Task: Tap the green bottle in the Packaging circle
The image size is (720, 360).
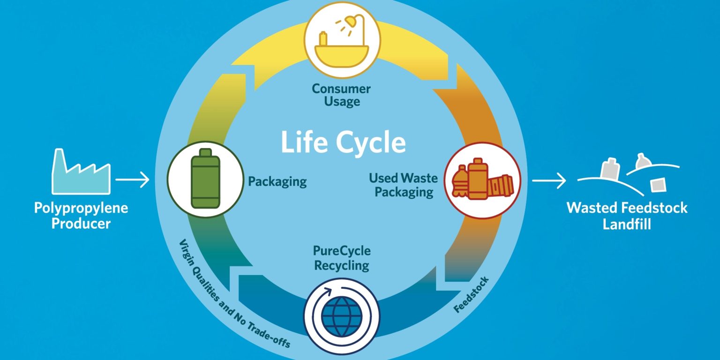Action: [x=205, y=179]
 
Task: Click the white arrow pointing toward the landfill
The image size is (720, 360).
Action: [x=548, y=180]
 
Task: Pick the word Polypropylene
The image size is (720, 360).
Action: [x=81, y=208]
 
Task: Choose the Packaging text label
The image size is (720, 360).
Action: [x=277, y=181]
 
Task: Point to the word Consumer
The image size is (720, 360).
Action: [x=341, y=89]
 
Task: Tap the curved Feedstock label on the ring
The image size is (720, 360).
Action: [x=472, y=295]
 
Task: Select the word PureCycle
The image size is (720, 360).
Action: [x=342, y=251]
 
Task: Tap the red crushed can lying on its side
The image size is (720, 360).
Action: [x=501, y=186]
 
